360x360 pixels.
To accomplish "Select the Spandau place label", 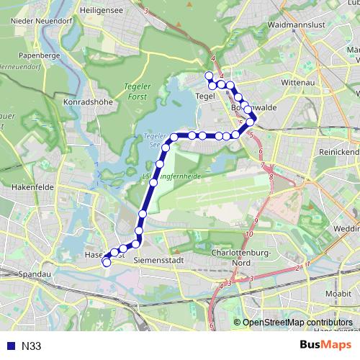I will (x=34, y=275).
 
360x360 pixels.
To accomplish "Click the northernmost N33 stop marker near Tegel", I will (x=210, y=76).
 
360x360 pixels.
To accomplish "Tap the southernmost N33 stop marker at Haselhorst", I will (x=107, y=263).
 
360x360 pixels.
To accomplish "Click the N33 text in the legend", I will (x=30, y=346).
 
